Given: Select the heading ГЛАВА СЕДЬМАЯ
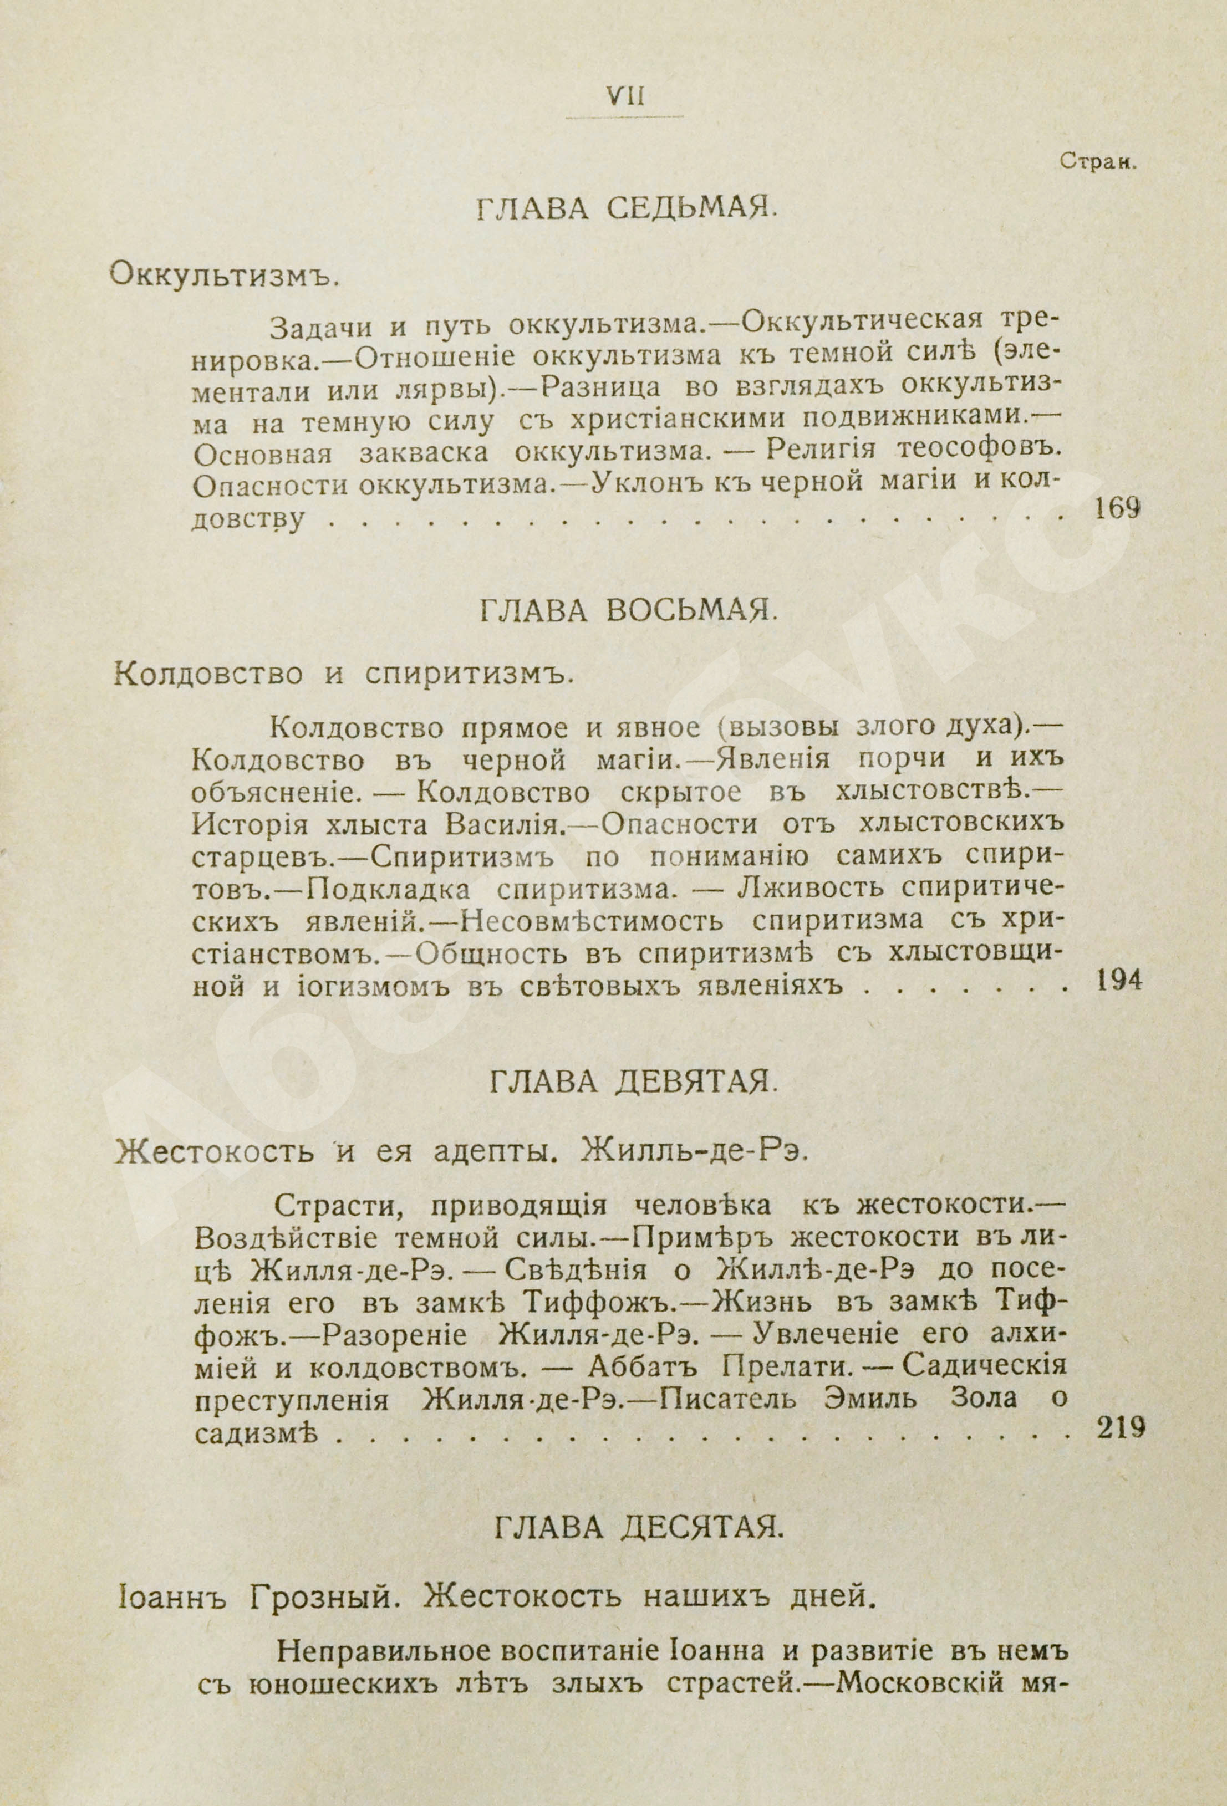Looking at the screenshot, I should pos(625,211).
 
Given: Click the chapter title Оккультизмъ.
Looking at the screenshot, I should pos(224,273).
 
